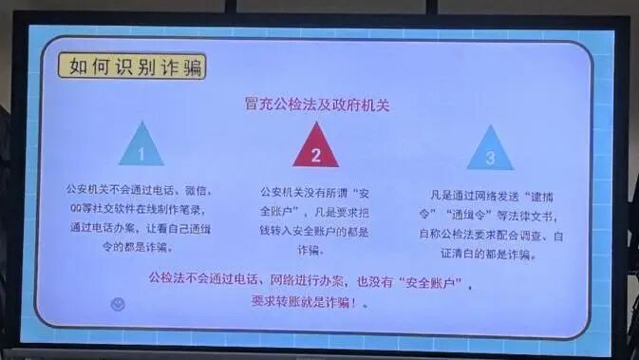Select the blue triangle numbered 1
click(141, 146)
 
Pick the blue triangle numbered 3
click(489, 150)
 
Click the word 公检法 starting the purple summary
click(168, 279)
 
